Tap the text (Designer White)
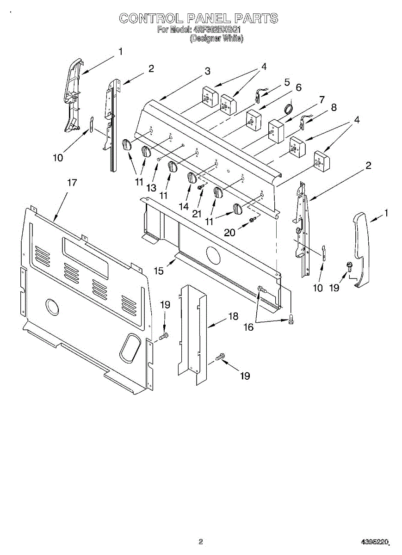click(216, 39)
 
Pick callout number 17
click(72, 183)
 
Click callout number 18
click(233, 316)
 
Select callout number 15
click(159, 271)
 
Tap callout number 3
click(208, 71)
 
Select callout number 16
click(248, 327)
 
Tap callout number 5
click(287, 82)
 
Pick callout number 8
click(334, 107)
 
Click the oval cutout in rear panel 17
click(130, 348)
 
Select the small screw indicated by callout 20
click(253, 220)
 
